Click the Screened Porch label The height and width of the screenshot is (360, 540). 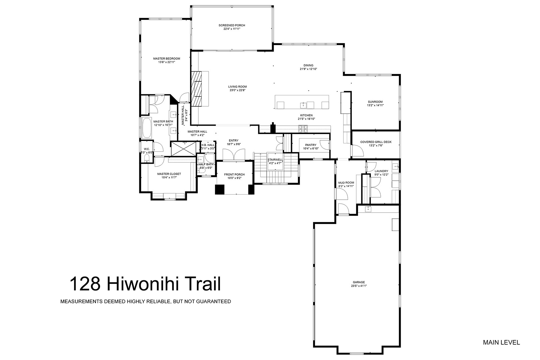point(232,25)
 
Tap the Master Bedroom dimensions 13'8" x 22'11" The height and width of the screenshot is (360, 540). point(167,62)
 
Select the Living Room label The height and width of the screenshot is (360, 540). point(237,87)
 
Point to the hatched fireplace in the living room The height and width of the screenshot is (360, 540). point(196,88)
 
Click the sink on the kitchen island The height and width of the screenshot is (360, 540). point(303,105)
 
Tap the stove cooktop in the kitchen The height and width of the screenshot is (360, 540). point(303,129)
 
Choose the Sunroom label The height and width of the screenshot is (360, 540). point(375,102)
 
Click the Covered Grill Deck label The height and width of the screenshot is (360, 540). point(376,142)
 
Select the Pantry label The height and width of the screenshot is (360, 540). point(311,145)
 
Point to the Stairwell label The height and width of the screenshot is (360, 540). point(275,160)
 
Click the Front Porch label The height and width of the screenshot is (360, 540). point(234,175)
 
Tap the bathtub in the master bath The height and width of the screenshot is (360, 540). point(147,128)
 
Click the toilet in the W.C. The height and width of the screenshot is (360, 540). point(147,158)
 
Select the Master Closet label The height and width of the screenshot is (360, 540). point(169,174)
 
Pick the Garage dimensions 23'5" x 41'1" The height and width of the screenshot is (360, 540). point(359,286)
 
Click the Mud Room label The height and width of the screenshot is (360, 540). point(346,183)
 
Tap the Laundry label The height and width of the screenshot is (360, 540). point(381,171)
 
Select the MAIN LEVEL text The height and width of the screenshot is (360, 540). point(501,343)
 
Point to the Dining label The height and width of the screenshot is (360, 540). point(308,65)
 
